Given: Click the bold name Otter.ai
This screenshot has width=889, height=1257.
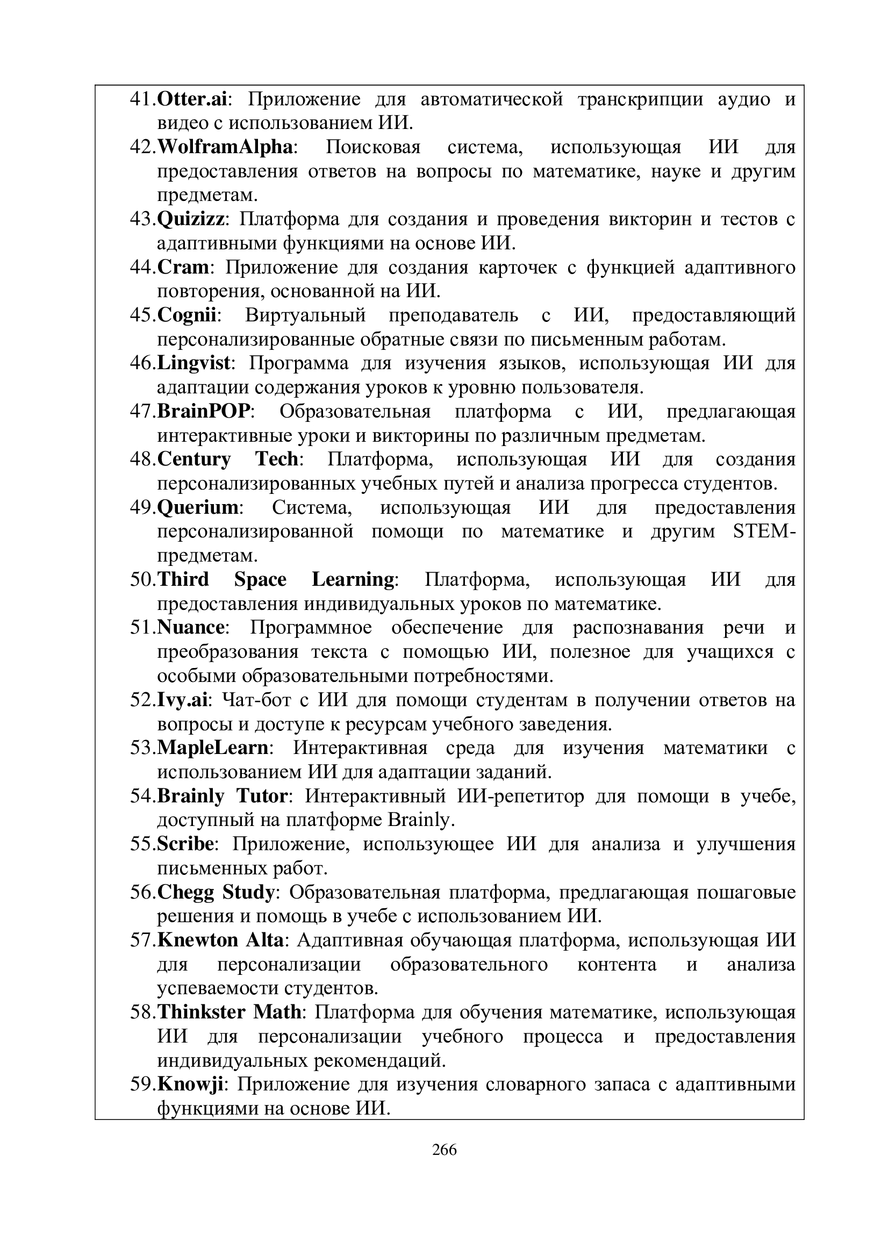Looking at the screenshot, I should point(191,99).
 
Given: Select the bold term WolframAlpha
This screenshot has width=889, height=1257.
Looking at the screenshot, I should point(225,147).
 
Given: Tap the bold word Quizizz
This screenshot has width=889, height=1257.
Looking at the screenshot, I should point(190,220).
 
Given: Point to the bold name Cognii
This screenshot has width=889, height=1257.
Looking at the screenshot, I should point(187,316).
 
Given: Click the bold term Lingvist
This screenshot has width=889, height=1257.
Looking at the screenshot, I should point(194,363).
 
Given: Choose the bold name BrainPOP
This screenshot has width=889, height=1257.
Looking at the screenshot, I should point(204,412).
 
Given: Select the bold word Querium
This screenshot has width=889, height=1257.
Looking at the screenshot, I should point(198,508).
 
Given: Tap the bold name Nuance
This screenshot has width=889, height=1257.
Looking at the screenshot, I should point(190,627).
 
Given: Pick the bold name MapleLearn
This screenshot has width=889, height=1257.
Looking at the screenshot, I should point(212,748).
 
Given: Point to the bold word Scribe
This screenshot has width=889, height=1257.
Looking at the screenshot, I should point(185,844).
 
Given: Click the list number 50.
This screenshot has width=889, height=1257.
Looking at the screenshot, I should point(142,580).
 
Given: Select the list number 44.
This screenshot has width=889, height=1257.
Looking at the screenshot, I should point(142,268).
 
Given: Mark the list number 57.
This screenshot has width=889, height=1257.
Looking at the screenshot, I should point(142,940).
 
